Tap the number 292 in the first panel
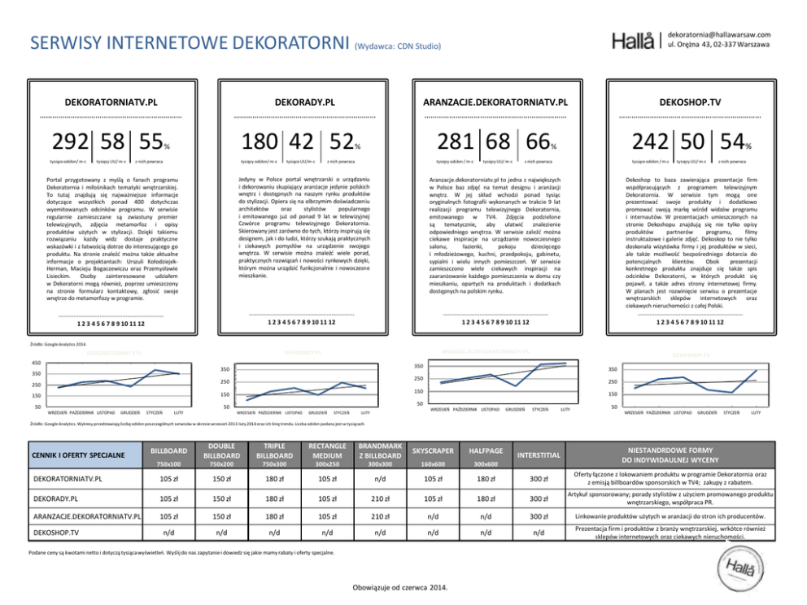[72, 141]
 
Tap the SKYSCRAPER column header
[433, 450]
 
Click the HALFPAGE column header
[486, 450]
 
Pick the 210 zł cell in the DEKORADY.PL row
[379, 497]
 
